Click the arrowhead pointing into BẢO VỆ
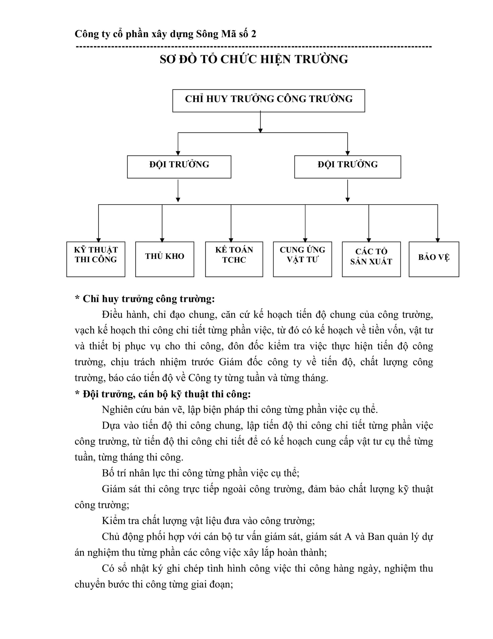click(x=437, y=240)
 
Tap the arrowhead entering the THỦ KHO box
click(x=162, y=240)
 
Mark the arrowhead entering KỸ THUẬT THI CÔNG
click(x=98, y=240)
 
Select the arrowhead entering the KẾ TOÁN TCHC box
click(x=231, y=240)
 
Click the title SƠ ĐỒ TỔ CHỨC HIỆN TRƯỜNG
click(x=254, y=59)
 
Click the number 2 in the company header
click(x=253, y=34)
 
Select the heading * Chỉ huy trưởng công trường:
click(x=145, y=299)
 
